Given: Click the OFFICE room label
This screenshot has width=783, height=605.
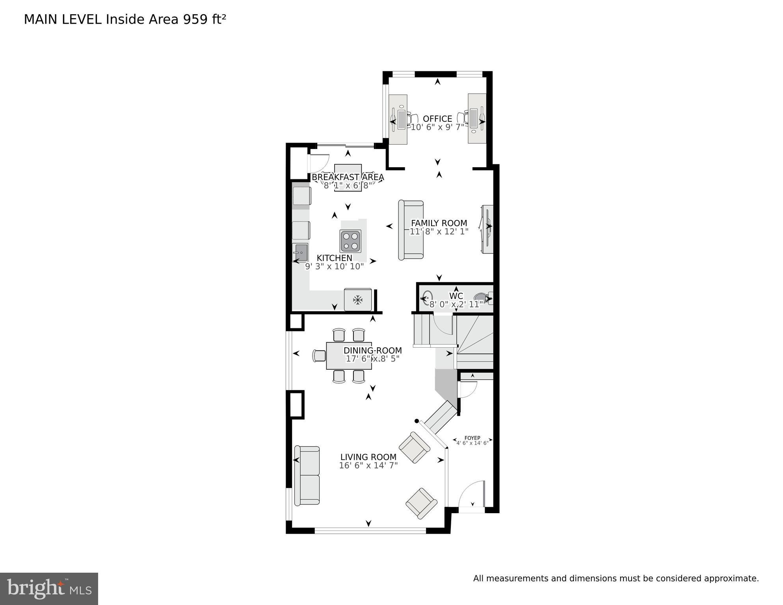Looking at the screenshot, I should pyautogui.click(x=437, y=119).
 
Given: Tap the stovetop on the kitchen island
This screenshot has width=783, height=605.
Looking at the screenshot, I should pyautogui.click(x=350, y=241).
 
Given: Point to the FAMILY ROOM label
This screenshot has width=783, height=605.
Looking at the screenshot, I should pyautogui.click(x=439, y=223).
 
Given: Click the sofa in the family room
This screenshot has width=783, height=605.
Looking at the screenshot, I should pyautogui.click(x=411, y=230).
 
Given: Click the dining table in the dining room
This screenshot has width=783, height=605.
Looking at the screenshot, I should pyautogui.click(x=349, y=356).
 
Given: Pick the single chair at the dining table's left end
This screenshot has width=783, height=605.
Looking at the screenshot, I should pyautogui.click(x=319, y=356).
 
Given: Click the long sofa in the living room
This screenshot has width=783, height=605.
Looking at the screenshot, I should pyautogui.click(x=307, y=476).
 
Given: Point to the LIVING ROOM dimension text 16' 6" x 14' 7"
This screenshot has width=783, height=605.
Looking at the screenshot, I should pyautogui.click(x=368, y=465).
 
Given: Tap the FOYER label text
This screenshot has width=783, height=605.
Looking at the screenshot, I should pyautogui.click(x=472, y=438).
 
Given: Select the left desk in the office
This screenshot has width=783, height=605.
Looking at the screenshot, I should pyautogui.click(x=398, y=119).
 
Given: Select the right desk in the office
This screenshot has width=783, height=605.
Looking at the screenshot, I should pyautogui.click(x=477, y=118).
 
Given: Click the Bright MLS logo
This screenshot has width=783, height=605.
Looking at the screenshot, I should pyautogui.click(x=49, y=589).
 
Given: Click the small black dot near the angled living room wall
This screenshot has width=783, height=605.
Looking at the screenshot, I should pyautogui.click(x=417, y=421).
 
